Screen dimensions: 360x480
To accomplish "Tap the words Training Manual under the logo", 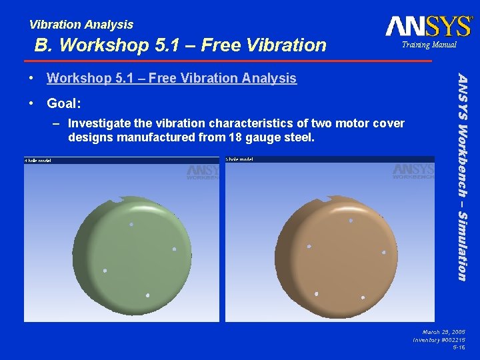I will point(428,45).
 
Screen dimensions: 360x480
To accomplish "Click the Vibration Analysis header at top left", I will point(81,25).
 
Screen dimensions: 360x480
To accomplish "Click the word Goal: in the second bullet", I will point(64,103).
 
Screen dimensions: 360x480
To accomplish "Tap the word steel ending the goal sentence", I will point(298,138).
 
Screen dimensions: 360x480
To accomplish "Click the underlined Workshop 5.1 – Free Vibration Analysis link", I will point(171,79).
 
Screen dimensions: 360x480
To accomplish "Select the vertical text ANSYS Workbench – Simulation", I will point(462,177).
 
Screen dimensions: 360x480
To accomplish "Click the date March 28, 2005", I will point(443,331).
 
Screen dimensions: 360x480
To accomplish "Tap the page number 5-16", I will point(459,348).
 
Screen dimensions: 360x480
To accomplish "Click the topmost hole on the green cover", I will point(131,225).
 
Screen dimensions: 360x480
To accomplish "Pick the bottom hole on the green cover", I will point(147,295).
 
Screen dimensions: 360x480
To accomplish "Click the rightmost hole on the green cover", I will point(174,249).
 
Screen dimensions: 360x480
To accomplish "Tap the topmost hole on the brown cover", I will point(351,220).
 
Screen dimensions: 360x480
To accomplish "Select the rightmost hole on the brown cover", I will point(383,252).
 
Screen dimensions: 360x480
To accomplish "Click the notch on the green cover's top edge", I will point(121,198).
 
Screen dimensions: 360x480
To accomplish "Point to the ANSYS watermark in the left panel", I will point(203,171).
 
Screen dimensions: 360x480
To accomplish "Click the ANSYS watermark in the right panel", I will point(413,171).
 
